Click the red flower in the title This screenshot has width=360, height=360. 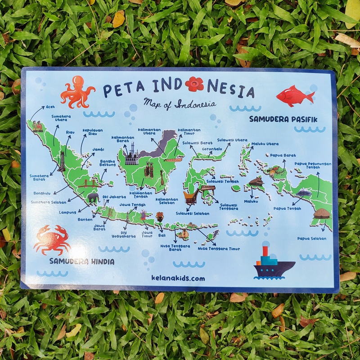coord(194,84)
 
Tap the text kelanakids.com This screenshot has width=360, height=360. coord(178,279)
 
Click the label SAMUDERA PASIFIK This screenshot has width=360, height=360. coord(283,119)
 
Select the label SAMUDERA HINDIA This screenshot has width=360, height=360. coord(82,261)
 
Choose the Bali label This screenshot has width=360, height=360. coord(162,235)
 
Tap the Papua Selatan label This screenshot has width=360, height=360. coord(311,238)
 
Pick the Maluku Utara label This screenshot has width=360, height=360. coord(265,144)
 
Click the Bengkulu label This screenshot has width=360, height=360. coord(43,193)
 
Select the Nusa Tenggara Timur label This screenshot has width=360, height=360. coord(219,248)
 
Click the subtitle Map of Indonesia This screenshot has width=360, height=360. coord(179,103)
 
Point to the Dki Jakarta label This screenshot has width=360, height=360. coord(114,197)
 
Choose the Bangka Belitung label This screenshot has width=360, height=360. coord(108,162)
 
